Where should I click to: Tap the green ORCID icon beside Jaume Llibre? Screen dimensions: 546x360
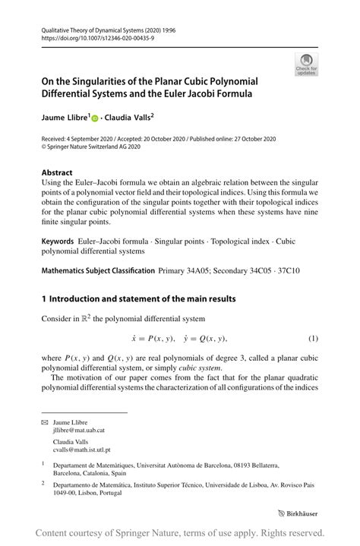[96, 119]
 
